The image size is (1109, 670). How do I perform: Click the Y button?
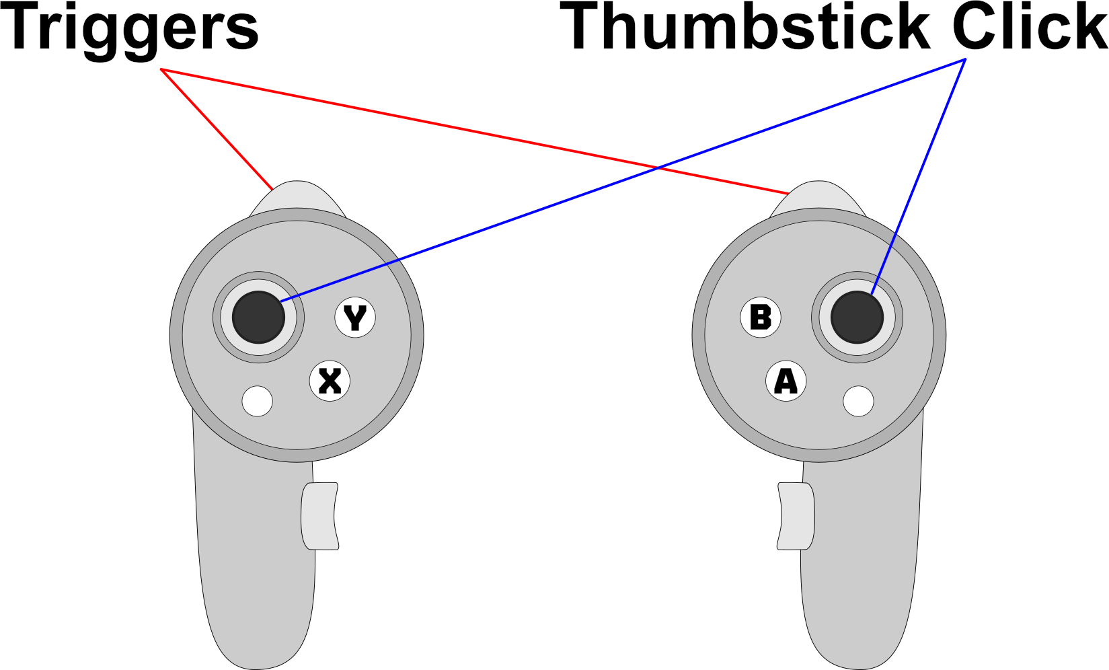point(355,318)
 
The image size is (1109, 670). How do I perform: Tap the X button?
point(330,381)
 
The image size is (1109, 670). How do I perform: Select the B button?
point(761,318)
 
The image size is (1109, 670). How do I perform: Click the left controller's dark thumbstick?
point(258,317)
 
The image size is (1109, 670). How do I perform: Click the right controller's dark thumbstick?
point(857,317)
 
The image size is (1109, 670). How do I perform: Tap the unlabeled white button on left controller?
point(257,402)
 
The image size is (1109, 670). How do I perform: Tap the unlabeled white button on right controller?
point(858,402)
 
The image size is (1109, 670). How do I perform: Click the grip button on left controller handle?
point(319,516)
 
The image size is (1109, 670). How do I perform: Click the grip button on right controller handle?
point(796,516)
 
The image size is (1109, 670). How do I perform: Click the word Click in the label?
point(1029,27)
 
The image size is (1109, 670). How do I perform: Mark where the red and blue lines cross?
point(658,167)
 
